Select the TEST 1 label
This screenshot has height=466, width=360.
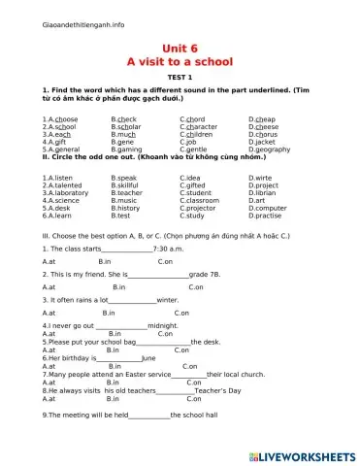click(180, 78)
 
